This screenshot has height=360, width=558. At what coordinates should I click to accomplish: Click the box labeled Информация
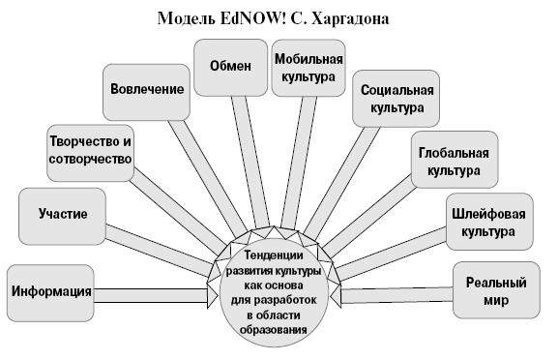[52, 289]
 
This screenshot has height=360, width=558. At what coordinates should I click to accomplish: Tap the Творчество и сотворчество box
[89, 153]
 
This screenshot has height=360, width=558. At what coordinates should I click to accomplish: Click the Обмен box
[229, 67]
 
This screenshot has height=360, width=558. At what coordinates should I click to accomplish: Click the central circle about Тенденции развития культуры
[277, 290]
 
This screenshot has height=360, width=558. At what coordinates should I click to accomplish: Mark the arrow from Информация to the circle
[160, 289]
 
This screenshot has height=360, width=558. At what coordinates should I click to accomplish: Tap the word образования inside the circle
[277, 329]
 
